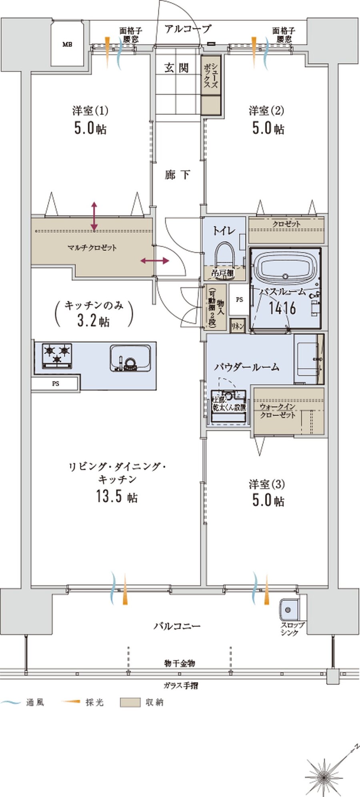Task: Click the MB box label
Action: tap(67, 44)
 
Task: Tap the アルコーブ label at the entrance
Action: tap(187, 29)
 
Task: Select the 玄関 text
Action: tap(176, 68)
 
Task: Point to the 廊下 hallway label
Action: tap(177, 175)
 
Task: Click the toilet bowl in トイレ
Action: tap(224, 256)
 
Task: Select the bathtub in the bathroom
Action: tap(285, 266)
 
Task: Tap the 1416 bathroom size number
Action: tap(282, 308)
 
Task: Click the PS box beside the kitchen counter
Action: tap(56, 384)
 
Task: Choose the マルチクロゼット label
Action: tap(92, 248)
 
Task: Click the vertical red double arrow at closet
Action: tap(94, 216)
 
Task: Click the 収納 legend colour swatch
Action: tap(130, 702)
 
